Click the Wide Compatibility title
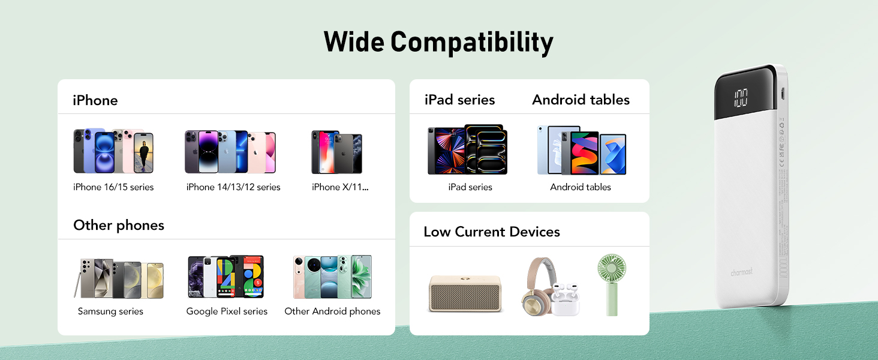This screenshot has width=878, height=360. [438, 43]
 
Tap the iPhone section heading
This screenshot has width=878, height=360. [95, 100]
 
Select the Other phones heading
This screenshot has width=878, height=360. [119, 225]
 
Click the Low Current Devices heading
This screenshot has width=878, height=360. [492, 232]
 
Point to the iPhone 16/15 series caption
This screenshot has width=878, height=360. [113, 187]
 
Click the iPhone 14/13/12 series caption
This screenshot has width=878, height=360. [233, 187]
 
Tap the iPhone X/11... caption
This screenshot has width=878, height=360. [340, 187]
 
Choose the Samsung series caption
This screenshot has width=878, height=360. [110, 311]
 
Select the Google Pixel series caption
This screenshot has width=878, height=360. [227, 311]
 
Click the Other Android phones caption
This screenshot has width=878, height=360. [332, 311]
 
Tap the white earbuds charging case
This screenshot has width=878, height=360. [566, 300]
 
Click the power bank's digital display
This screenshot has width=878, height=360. [740, 98]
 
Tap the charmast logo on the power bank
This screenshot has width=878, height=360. [741, 272]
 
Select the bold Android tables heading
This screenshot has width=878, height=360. [581, 100]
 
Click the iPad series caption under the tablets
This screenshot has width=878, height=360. [470, 187]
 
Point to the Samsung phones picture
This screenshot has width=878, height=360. [119, 278]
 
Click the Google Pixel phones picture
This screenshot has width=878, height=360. [226, 277]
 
